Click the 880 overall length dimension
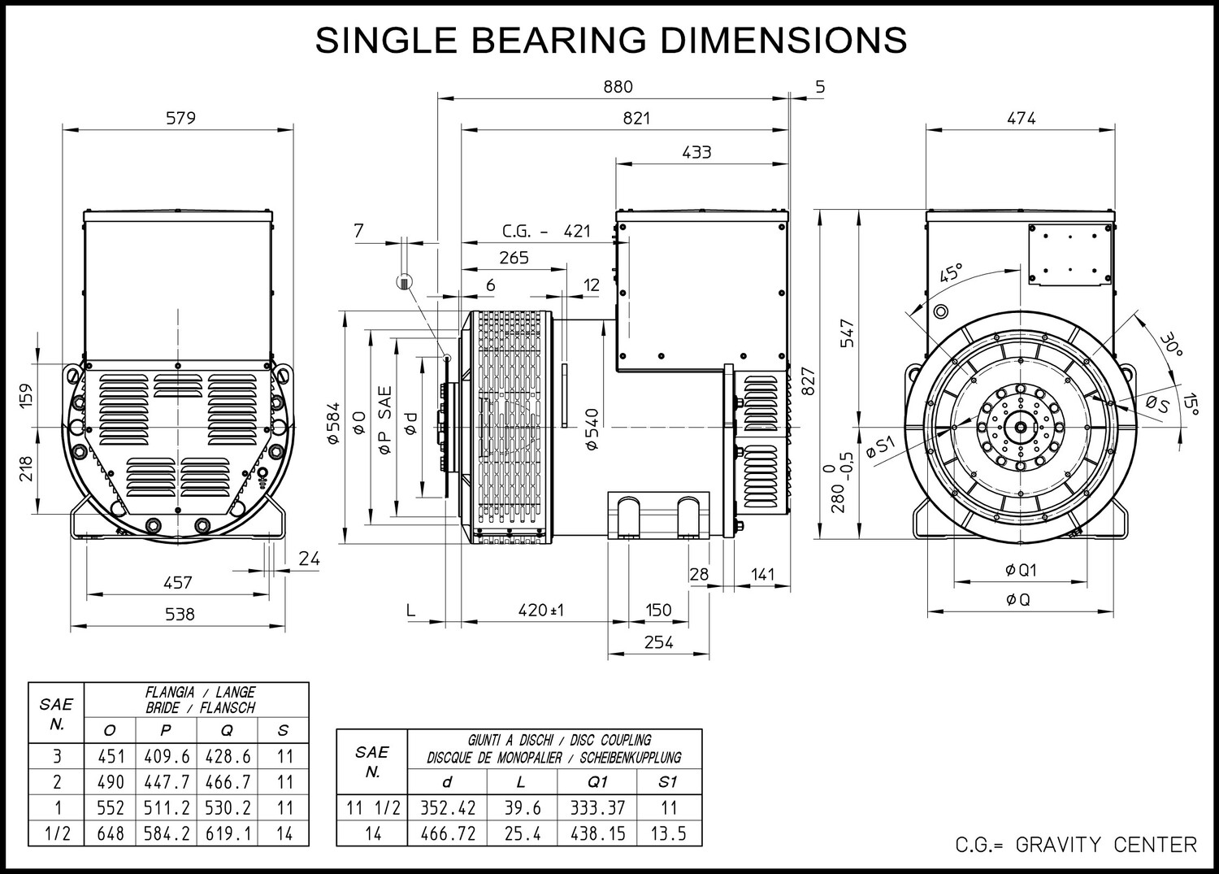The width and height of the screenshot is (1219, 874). [618, 87]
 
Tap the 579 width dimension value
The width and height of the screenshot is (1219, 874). [180, 118]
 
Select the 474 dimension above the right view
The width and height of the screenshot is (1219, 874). [1021, 118]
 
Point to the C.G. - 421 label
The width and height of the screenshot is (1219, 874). [546, 232]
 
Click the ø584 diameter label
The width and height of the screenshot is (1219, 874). [333, 423]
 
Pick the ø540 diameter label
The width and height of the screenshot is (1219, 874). [592, 429]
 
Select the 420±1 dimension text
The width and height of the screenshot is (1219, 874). [541, 610]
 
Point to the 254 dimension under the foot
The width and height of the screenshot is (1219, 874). [658, 642]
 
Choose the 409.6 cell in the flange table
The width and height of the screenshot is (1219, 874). [167, 756]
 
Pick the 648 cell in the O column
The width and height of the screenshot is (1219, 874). [111, 833]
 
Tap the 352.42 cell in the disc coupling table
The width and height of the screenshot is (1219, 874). [447, 807]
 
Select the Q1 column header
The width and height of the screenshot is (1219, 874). [597, 782]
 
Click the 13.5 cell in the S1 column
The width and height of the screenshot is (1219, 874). [668, 833]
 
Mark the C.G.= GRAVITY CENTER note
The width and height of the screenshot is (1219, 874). [1076, 845]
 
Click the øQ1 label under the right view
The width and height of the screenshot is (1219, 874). [1021, 570]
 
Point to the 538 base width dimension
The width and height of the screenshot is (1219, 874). [180, 615]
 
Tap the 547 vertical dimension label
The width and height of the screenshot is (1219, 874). [848, 333]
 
